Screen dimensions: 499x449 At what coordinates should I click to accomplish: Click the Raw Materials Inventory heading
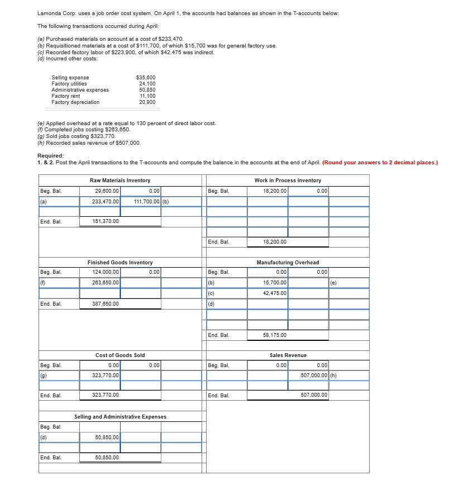click(x=120, y=180)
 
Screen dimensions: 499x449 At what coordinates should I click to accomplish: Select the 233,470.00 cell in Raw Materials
click(x=105, y=202)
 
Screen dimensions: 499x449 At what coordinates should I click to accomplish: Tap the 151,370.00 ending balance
click(x=105, y=221)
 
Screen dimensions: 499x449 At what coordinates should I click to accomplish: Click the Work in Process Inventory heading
click(x=288, y=180)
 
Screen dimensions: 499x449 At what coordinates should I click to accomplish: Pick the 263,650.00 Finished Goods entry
click(x=105, y=283)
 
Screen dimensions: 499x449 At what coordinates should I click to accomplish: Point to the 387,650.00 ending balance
click(x=105, y=303)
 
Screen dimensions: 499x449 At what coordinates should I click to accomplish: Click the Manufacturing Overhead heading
click(x=288, y=262)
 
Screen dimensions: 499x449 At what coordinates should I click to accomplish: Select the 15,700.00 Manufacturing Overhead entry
click(x=275, y=283)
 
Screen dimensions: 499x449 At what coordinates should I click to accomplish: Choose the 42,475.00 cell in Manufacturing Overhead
click(x=275, y=293)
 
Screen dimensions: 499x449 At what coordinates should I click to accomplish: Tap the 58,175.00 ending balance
click(x=275, y=335)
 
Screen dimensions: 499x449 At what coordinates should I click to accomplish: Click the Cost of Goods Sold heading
click(x=120, y=355)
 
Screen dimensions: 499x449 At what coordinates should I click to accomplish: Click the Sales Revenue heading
click(x=288, y=355)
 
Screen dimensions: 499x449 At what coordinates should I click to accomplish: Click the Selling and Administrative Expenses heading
click(x=120, y=417)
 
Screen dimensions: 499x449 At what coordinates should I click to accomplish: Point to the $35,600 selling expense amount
click(x=146, y=78)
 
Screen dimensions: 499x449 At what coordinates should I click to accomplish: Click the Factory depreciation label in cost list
click(x=75, y=102)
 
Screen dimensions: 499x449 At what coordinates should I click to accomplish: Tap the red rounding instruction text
click(x=380, y=163)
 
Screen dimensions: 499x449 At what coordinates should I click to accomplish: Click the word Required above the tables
click(x=50, y=156)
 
